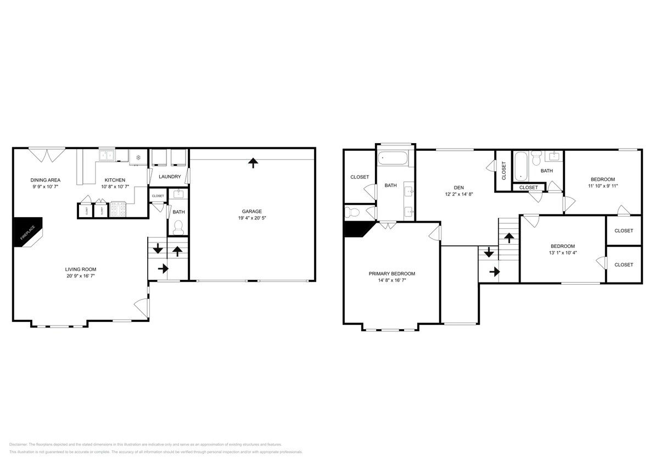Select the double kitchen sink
107,156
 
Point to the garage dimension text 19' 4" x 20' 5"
252,218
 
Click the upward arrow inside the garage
253,162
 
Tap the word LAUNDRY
170,177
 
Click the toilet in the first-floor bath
178,227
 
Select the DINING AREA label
45,180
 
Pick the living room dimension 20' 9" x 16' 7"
81,276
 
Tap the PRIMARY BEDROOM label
391,274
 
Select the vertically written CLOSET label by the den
503,171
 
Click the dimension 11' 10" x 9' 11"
602,186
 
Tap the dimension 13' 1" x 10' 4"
563,253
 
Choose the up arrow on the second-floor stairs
509,238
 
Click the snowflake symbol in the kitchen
138,158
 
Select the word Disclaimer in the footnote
18,444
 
